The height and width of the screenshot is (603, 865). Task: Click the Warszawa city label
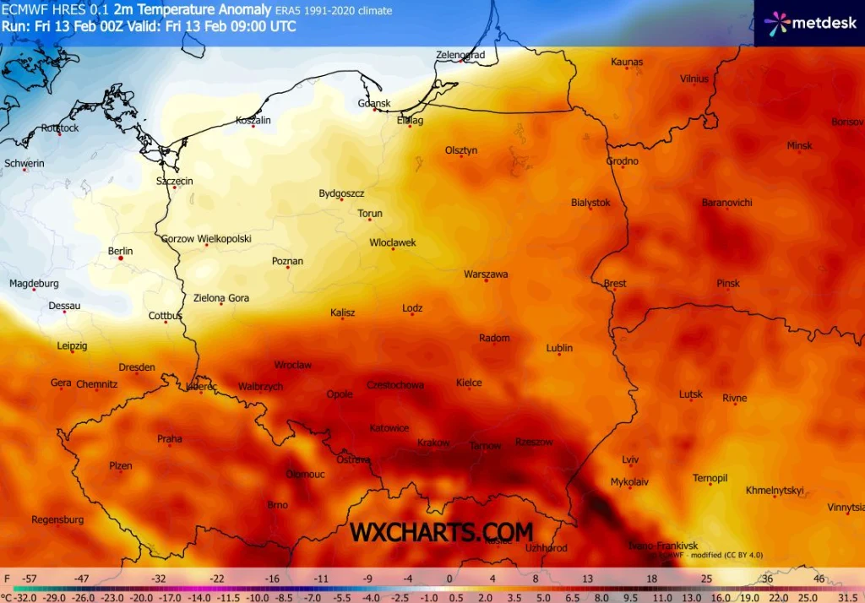(486, 274)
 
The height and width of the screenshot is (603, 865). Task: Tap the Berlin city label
(120, 251)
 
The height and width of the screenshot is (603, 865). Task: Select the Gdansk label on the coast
(374, 104)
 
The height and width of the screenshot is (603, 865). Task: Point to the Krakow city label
(433, 443)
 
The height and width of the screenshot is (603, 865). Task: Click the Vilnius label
(694, 79)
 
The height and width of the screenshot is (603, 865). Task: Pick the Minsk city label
(799, 145)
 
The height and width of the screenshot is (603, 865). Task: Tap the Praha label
(169, 438)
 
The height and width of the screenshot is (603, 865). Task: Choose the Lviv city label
(630, 459)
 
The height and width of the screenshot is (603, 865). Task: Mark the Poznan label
(287, 261)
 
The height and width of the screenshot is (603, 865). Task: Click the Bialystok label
(590, 203)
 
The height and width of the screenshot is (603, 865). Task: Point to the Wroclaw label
(293, 365)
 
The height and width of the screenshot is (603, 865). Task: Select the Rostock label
(59, 128)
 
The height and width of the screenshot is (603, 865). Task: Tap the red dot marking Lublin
(558, 355)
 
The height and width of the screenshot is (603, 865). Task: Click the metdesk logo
(809, 23)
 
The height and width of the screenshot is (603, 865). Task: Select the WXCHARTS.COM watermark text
(441, 532)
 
